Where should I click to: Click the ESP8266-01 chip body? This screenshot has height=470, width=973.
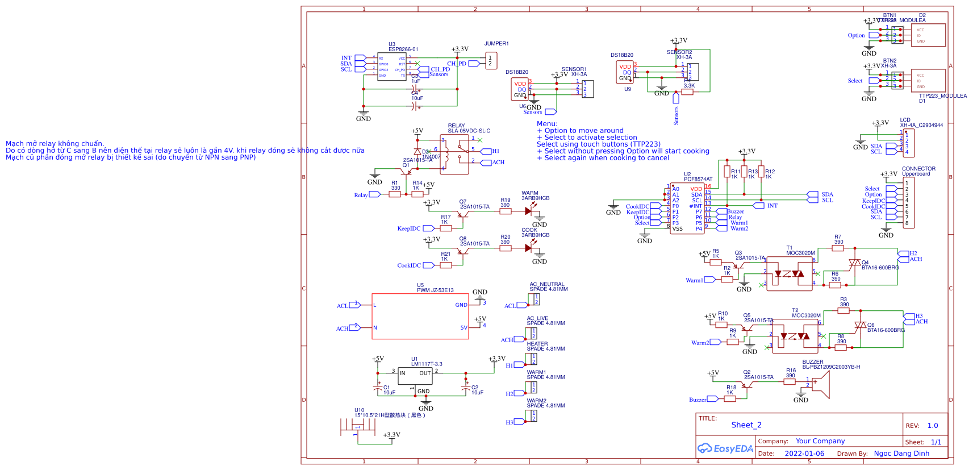[x=392, y=66]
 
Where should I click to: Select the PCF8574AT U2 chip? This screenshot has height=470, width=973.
[x=687, y=208]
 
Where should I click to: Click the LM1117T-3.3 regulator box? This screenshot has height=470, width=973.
[x=415, y=376]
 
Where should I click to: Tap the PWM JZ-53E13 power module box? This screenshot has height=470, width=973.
[x=420, y=317]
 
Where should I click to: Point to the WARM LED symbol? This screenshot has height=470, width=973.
[x=529, y=211]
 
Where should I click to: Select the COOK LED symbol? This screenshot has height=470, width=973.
[x=529, y=248]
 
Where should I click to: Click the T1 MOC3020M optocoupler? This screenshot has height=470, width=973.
[x=789, y=274]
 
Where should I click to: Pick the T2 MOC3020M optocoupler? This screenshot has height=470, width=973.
[x=795, y=336]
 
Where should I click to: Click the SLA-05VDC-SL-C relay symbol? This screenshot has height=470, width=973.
[x=454, y=154]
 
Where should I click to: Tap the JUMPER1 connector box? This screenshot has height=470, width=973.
[x=491, y=61]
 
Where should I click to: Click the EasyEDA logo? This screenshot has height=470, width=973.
[x=725, y=448]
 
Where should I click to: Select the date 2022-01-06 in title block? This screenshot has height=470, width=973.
[x=804, y=454]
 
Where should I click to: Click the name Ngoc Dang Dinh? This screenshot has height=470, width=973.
[x=901, y=454]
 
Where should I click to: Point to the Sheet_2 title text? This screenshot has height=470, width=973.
[x=746, y=425]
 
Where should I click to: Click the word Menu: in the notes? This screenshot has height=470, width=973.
[x=547, y=124]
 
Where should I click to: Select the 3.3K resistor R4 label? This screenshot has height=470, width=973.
[x=688, y=86]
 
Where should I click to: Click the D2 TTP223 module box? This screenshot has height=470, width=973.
[x=928, y=35]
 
